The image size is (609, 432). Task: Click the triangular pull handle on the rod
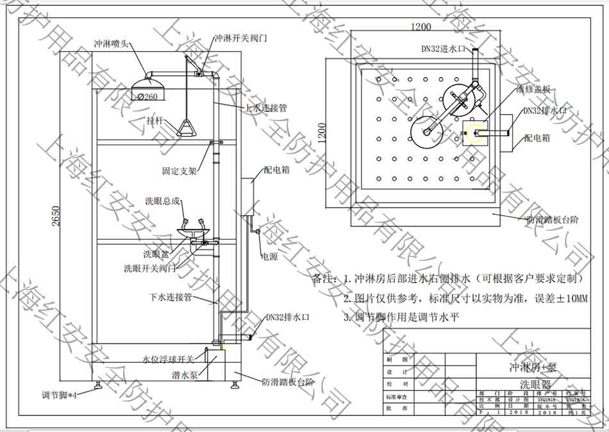pos(187,128)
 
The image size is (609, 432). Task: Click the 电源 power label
pos(269,256)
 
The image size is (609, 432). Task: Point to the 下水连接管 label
pos(171,297)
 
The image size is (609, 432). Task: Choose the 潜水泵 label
pos(184,374)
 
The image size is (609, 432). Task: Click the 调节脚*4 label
pos(59,395)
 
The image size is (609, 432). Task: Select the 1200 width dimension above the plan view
pos(421,27)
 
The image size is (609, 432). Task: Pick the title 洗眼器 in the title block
pos(536,384)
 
